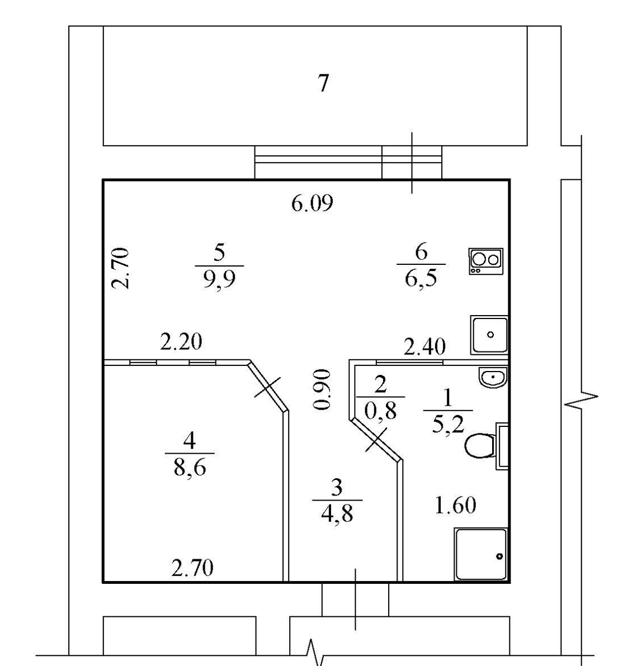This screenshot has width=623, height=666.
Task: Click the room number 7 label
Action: click(323, 83)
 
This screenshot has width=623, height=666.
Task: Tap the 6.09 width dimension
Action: click(312, 203)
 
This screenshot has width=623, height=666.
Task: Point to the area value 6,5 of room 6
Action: click(421, 276)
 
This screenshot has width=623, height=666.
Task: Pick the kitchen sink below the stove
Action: click(490, 335)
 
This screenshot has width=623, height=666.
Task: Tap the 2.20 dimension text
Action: click(181, 341)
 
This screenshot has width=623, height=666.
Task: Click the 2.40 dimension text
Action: click(424, 348)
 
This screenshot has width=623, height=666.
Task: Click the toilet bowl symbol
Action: click(480, 445)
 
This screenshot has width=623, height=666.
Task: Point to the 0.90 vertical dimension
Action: click(323, 389)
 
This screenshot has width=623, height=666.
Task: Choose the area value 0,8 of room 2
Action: click(380, 411)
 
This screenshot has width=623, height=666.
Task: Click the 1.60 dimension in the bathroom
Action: click(455, 505)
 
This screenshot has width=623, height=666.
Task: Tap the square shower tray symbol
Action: click(482, 554)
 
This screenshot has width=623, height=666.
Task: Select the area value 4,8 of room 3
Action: click(337, 512)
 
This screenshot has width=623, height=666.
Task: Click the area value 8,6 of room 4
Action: click(190, 466)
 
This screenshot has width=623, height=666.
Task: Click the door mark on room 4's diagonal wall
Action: click(268, 387)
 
